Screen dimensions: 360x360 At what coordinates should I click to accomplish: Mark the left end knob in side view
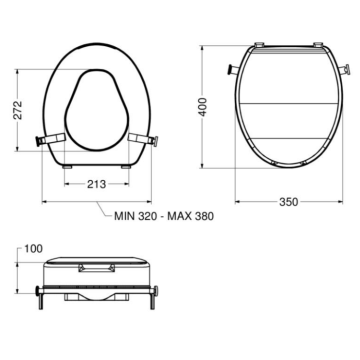(38, 293)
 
